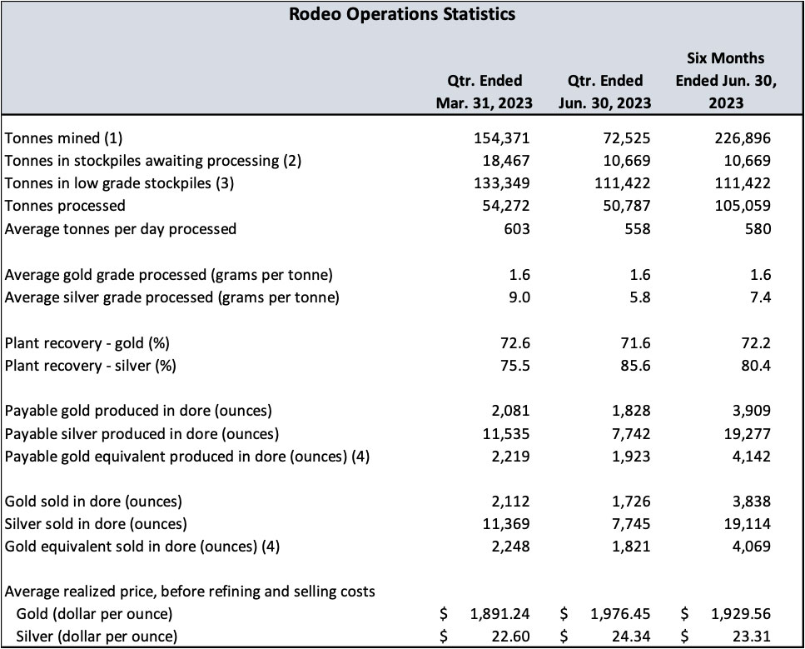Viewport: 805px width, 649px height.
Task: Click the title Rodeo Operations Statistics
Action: pyautogui.click(x=402, y=14)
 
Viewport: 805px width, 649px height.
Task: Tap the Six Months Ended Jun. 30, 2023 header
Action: pyautogui.click(x=725, y=81)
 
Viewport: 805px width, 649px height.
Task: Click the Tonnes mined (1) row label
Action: pyautogui.click(x=68, y=138)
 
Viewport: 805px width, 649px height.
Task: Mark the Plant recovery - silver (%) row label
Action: pyautogui.click(x=91, y=365)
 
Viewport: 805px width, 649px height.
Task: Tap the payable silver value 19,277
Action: pyautogui.click(x=748, y=433)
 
